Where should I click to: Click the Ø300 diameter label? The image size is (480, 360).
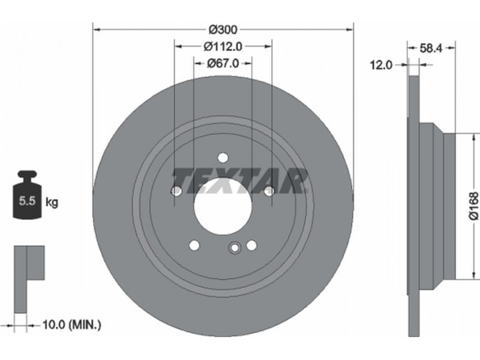click(x=223, y=29)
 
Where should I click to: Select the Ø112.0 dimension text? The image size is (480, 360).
click(x=223, y=47)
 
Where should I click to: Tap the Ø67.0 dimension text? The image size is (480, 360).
click(x=223, y=64)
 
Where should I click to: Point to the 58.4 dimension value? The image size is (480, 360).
click(x=431, y=48)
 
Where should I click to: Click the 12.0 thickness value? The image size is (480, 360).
click(x=381, y=65)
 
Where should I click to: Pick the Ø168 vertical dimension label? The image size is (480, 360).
click(x=473, y=206)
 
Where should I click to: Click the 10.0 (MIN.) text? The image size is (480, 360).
click(x=71, y=325)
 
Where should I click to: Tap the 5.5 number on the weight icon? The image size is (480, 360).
click(x=27, y=201)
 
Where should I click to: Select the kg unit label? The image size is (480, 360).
click(x=52, y=202)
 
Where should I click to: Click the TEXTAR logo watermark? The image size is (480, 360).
click(x=239, y=181)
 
